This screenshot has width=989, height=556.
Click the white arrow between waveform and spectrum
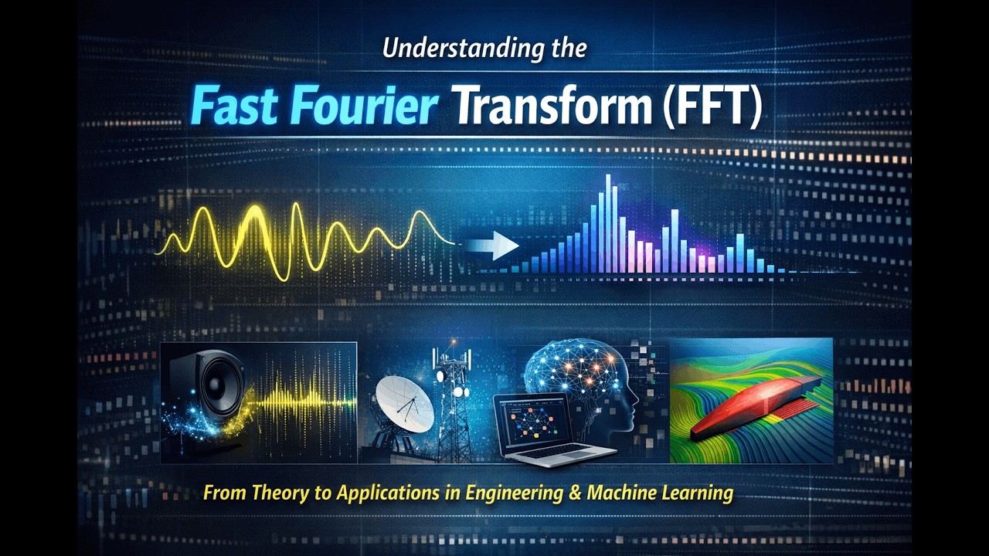(x=494, y=246)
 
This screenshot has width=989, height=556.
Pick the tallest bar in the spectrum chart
(x=608, y=224)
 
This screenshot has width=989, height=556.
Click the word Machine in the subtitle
(x=622, y=493)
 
